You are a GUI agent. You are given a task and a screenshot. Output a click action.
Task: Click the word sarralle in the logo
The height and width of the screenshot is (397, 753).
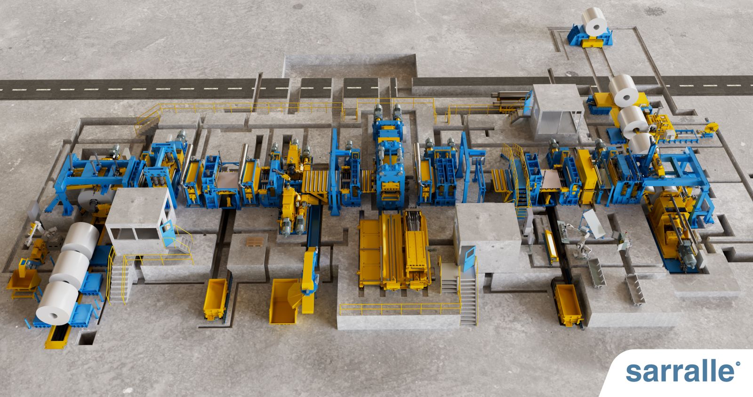[x=680, y=371]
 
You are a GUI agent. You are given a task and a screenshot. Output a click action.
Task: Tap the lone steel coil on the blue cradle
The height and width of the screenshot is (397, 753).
[x=595, y=21]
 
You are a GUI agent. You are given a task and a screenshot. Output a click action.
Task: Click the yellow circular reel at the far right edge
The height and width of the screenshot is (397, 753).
[x=711, y=128]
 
